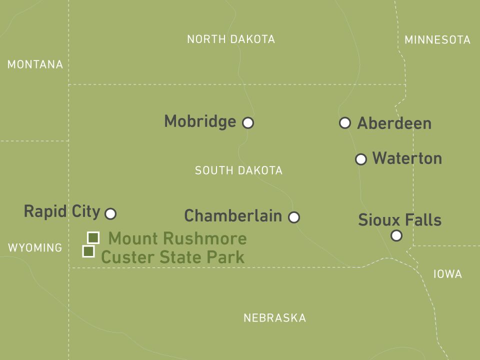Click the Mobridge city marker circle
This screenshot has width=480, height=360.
tap(248, 122)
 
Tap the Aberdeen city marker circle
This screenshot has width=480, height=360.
tap(345, 122)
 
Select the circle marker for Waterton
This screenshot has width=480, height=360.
tap(361, 159)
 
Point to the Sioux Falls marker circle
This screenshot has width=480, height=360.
tap(396, 235)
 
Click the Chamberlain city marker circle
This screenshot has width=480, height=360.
tap(294, 217)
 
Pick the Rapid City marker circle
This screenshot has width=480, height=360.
tap(111, 214)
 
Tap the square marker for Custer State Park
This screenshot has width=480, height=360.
tap(88, 251)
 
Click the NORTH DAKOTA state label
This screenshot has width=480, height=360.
tap(231, 39)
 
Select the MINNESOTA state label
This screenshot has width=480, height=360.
tap(437, 40)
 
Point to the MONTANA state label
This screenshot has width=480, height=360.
tap(35, 64)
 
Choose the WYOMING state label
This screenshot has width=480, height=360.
tap(35, 247)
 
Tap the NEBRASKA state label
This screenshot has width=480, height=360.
tap(274, 318)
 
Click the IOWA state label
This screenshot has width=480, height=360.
tap(447, 274)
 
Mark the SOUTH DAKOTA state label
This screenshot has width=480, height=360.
tap(238, 170)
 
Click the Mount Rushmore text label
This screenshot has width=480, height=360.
tap(177, 238)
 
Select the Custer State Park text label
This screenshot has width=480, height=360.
tap(172, 257)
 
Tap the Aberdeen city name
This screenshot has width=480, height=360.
tap(394, 123)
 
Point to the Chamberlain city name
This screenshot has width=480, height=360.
tap(233, 216)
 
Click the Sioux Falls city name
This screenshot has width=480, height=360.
tap(399, 220)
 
